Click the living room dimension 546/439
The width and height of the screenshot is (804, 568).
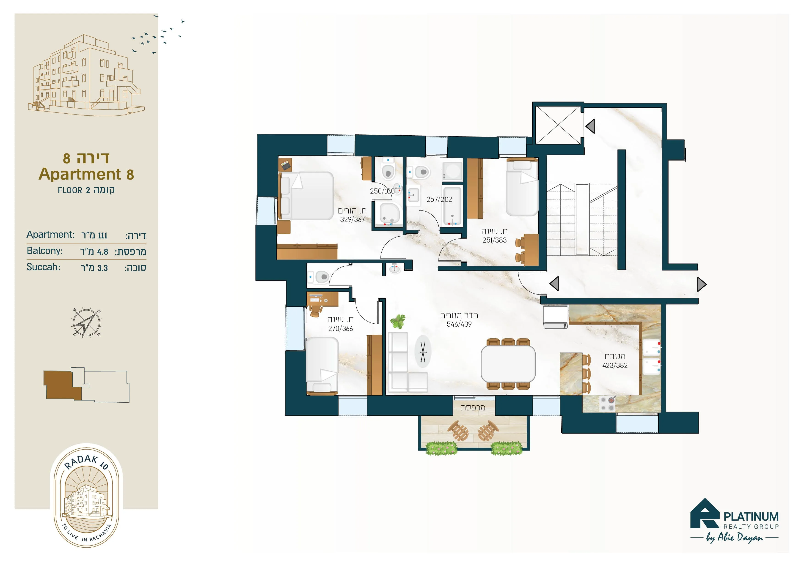(x=459, y=324)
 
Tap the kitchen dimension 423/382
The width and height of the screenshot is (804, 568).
(x=615, y=365)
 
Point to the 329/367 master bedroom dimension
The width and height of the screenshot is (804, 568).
(x=352, y=219)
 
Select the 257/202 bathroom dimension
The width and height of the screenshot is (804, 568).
(x=439, y=199)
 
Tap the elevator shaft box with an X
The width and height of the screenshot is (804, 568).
(x=558, y=125)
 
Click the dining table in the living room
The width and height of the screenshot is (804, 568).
(x=508, y=364)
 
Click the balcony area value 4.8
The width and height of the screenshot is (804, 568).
(x=103, y=252)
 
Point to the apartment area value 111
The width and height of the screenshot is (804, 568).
(x=103, y=235)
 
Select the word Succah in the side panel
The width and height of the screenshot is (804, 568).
(x=43, y=267)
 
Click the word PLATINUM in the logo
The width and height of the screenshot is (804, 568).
(x=751, y=516)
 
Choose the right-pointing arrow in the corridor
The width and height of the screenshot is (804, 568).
(x=702, y=284)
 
